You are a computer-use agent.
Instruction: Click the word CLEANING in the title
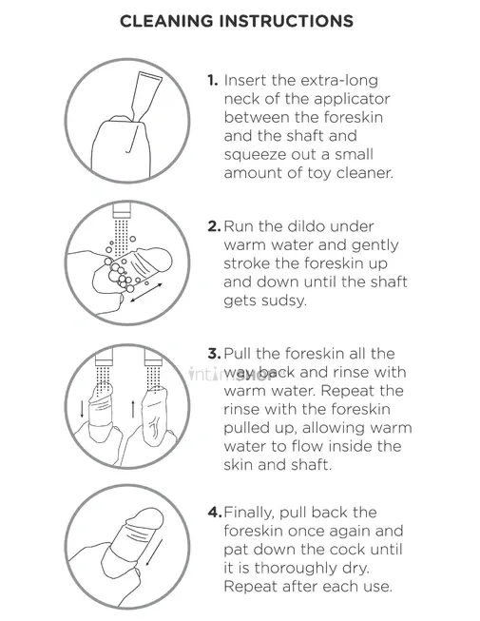click(x=166, y=21)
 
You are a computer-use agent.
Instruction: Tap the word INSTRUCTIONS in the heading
click(x=286, y=21)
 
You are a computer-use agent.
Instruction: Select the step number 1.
click(x=213, y=81)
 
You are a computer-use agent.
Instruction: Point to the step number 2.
click(x=214, y=226)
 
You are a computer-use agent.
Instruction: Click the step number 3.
click(x=214, y=354)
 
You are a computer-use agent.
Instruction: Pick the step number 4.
click(x=215, y=513)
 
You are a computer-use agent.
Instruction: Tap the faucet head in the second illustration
click(x=121, y=210)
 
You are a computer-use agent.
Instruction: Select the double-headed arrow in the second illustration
click(x=146, y=293)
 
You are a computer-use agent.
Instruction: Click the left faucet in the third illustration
click(x=104, y=358)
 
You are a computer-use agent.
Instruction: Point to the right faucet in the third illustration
click(x=153, y=358)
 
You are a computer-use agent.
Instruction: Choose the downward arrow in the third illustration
click(x=82, y=408)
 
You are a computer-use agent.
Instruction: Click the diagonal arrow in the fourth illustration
click(x=154, y=547)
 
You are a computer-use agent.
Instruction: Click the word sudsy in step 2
click(x=285, y=301)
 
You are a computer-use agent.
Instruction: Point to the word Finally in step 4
click(x=249, y=514)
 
